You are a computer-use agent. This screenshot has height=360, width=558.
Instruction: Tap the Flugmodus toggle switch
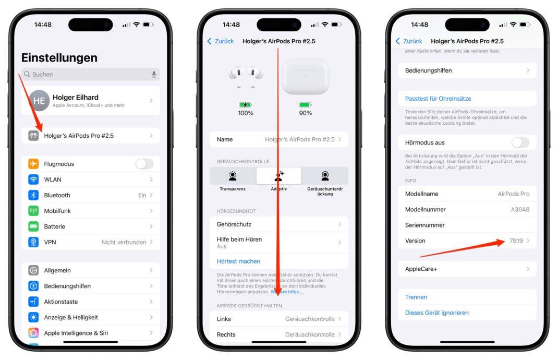pyautogui.click(x=144, y=164)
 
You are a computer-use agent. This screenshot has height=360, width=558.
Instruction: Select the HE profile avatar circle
pyautogui.click(x=39, y=101)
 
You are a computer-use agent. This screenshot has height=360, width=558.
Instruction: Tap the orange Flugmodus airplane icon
pyautogui.click(x=33, y=164)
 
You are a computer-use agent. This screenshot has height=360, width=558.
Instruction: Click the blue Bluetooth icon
pyautogui.click(x=33, y=195)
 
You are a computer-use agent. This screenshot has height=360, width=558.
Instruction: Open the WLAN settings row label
pyautogui.click(x=53, y=179)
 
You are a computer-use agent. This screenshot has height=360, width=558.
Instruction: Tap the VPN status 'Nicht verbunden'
pyautogui.click(x=124, y=242)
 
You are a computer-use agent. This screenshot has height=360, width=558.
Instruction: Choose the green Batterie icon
pyautogui.click(x=33, y=226)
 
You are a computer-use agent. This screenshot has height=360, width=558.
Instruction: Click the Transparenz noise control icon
pyautogui.click(x=233, y=176)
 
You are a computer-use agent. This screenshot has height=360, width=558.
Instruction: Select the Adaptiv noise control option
pyautogui.click(x=278, y=176)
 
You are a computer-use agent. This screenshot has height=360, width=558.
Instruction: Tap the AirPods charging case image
pyautogui.click(x=305, y=76)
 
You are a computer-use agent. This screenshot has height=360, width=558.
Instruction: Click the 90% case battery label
pyautogui.click(x=305, y=113)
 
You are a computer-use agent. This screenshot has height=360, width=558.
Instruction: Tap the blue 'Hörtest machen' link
pyautogui.click(x=238, y=261)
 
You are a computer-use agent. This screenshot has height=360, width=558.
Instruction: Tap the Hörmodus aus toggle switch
pyautogui.click(x=520, y=142)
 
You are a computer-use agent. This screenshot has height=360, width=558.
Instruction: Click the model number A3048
pyautogui.click(x=519, y=210)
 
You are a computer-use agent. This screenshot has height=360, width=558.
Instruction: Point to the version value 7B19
pyautogui.click(x=516, y=241)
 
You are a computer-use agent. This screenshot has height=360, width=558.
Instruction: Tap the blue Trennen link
pyautogui.click(x=416, y=297)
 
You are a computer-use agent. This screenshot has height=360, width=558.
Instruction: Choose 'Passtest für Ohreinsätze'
pyautogui.click(x=438, y=99)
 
